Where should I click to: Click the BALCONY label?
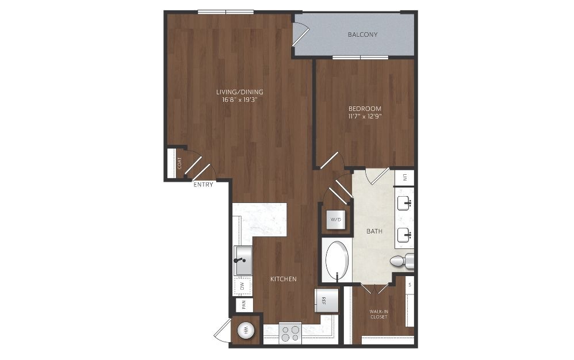[362, 35]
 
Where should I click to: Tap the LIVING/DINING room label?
[240, 92]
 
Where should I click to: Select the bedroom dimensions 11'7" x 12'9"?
[365, 116]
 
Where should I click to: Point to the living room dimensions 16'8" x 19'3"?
[240, 99]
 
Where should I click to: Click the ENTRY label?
[203, 185]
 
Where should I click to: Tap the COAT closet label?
[179, 163]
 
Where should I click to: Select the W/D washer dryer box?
[336, 220]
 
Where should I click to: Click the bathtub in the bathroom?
[337, 260]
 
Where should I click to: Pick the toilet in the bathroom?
[401, 261]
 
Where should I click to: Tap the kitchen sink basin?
[243, 261]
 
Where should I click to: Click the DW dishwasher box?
[242, 286]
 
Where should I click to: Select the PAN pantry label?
[244, 305]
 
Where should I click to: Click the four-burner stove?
[290, 333]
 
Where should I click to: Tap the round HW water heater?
[246, 331]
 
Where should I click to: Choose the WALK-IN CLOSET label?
[378, 314]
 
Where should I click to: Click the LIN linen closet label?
[405, 178]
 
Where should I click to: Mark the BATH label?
[374, 231]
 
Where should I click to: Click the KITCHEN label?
[284, 279]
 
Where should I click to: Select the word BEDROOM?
[365, 109]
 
